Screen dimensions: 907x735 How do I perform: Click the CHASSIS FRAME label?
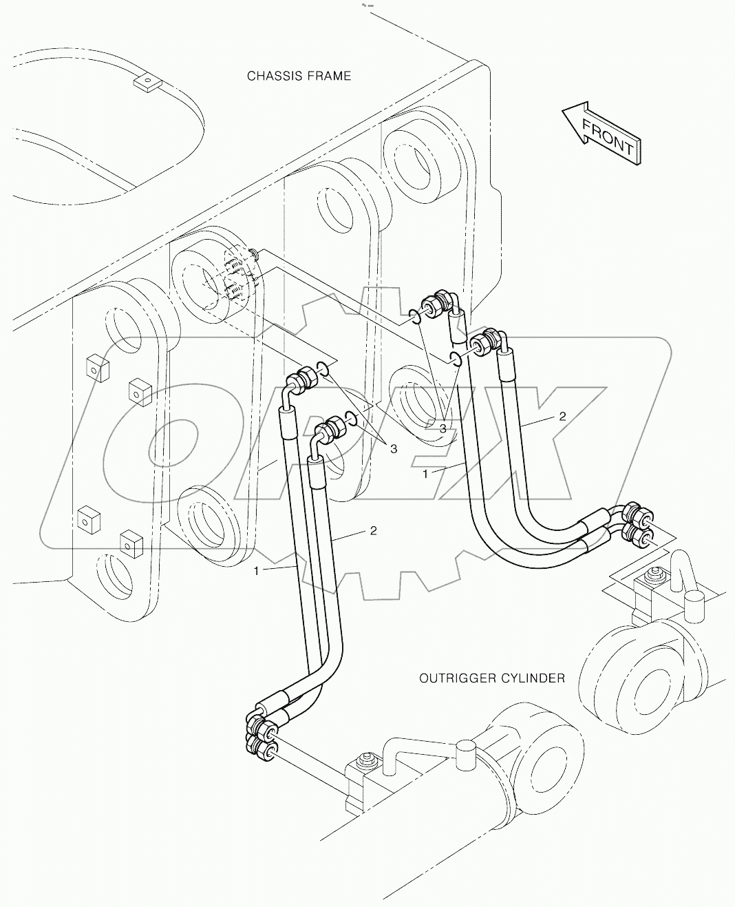[299, 76]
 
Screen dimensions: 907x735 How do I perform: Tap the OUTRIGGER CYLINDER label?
[492, 678]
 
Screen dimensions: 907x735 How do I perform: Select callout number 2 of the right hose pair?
[562, 416]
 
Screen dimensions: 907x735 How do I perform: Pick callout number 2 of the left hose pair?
[373, 530]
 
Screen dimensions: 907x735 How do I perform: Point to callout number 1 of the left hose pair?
[257, 571]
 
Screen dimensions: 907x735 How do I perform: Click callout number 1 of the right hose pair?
[425, 474]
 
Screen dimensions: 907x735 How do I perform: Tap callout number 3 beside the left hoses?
[394, 449]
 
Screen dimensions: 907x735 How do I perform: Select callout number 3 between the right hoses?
[443, 428]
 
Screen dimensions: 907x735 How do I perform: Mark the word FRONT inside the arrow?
[608, 136]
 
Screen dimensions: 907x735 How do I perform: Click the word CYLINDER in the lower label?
[532, 678]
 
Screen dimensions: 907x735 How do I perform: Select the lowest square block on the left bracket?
[129, 543]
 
